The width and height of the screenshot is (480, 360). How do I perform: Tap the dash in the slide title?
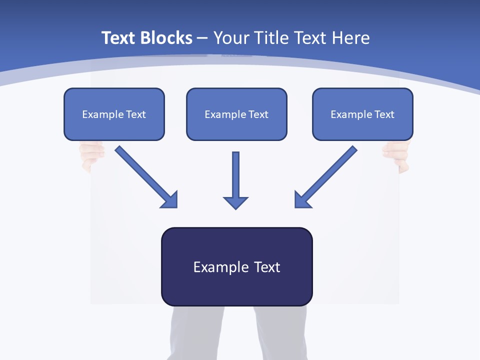pyautogui.click(x=202, y=38)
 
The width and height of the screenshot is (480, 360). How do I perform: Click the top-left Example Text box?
pyautogui.click(x=114, y=114)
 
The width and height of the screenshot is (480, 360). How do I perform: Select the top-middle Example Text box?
pyautogui.click(x=236, y=114)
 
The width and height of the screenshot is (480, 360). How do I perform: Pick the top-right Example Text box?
pyautogui.click(x=362, y=114)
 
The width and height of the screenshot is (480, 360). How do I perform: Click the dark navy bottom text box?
pyautogui.click(x=236, y=266)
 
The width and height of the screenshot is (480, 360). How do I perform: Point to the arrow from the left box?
pyautogui.click(x=142, y=173)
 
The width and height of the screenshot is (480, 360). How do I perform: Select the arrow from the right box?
pyautogui.click(x=330, y=173)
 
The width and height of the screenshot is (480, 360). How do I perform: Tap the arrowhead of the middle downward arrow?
pyautogui.click(x=235, y=202)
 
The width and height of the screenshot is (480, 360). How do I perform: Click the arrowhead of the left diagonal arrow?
pyautogui.click(x=170, y=200)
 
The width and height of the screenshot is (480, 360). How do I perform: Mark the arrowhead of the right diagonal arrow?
pyautogui.click(x=302, y=199)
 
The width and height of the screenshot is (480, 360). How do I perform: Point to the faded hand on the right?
pyautogui.click(x=397, y=155)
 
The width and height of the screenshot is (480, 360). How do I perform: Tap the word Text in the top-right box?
pyautogui.click(x=384, y=114)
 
